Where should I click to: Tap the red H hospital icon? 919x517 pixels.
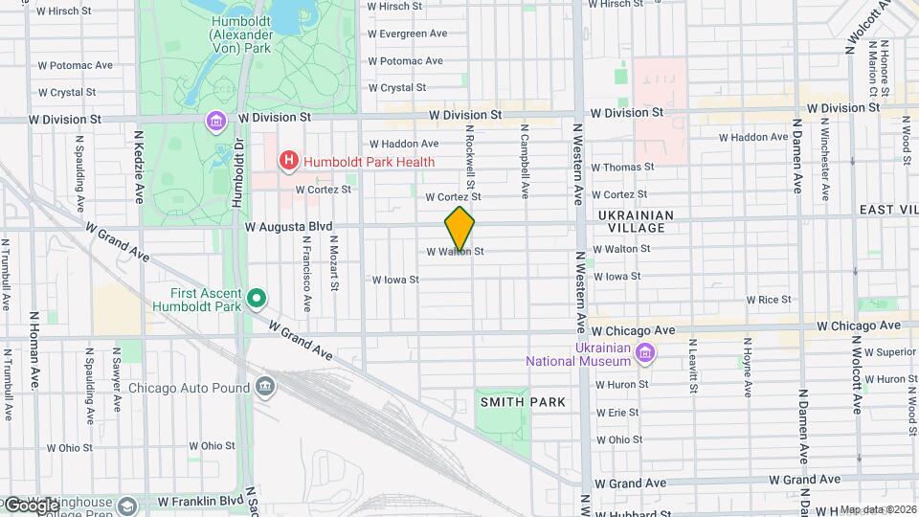(x=287, y=162)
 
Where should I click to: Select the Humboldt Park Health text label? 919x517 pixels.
(x=369, y=162)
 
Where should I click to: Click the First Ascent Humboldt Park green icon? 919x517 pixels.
(x=257, y=300)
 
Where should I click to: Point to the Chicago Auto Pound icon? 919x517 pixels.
(x=266, y=388)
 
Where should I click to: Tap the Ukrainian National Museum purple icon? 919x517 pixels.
(x=645, y=354)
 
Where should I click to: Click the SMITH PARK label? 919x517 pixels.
(x=523, y=402)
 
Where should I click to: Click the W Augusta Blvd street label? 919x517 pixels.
(x=287, y=227)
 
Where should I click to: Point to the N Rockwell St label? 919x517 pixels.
(x=470, y=156)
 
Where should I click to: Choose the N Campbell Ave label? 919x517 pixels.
(x=525, y=160)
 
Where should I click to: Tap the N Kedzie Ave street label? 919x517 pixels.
(x=139, y=168)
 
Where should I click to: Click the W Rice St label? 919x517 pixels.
(x=769, y=300)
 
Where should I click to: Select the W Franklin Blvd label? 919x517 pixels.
(x=200, y=501)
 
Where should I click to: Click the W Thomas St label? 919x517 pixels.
(x=622, y=167)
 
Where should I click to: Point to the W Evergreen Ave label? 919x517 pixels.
(x=408, y=33)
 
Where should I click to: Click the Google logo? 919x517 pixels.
(x=31, y=505)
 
